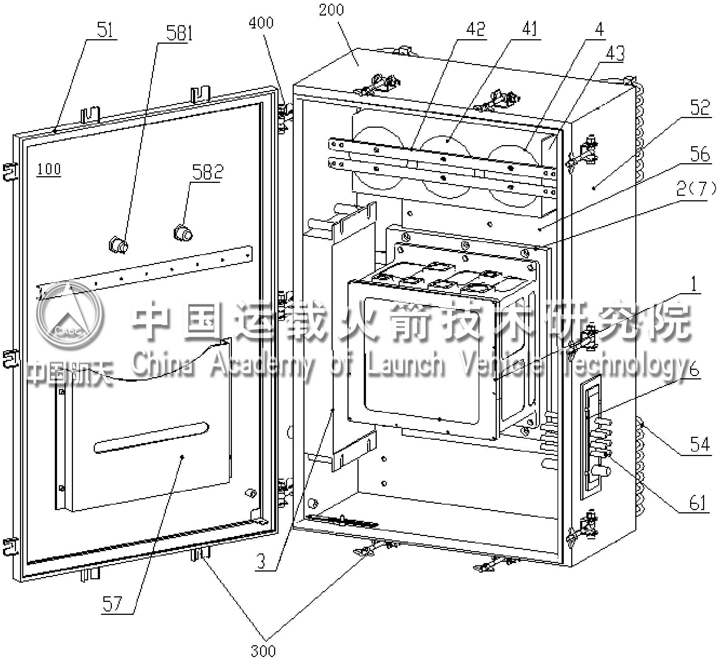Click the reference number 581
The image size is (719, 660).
point(179,33)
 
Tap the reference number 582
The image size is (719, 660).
point(207,172)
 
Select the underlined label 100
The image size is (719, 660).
point(49,169)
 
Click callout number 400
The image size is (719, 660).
point(261,23)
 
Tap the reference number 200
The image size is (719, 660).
point(332,10)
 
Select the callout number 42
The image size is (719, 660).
point(475,29)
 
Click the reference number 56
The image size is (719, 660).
point(700,154)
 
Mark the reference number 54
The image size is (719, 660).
point(699,444)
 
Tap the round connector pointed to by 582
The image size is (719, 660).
point(183,233)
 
